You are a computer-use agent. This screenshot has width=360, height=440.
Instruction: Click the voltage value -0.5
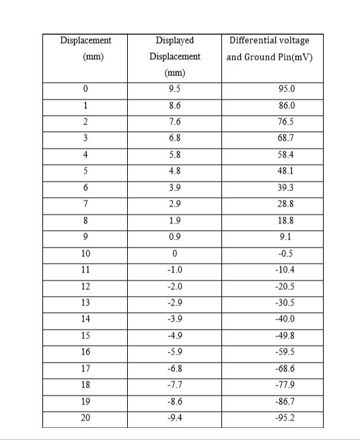click(287, 254)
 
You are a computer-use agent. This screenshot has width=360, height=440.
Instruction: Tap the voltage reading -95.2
click(287, 418)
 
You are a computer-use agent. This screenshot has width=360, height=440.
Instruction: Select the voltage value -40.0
click(287, 320)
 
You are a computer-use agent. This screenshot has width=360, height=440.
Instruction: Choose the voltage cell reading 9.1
click(287, 237)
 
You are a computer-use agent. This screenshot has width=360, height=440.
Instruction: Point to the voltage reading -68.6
click(287, 369)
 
